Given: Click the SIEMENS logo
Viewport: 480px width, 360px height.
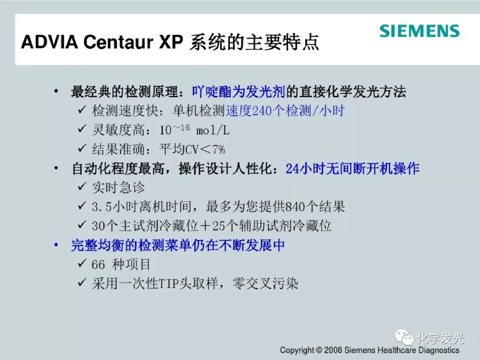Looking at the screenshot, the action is click(420, 31).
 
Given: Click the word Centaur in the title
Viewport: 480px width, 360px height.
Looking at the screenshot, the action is click(118, 42).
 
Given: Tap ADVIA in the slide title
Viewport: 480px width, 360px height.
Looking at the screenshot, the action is click(49, 42).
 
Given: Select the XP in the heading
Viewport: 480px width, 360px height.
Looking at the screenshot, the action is click(171, 42).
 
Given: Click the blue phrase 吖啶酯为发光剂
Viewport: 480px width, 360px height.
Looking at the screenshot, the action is click(239, 92).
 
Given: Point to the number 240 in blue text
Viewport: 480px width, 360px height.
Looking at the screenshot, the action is click(262, 111).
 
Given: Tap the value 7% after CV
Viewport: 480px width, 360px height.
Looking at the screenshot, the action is click(219, 149).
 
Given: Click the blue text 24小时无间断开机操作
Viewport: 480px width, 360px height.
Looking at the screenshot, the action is click(352, 169).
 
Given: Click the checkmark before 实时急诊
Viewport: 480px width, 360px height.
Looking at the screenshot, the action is click(82, 186).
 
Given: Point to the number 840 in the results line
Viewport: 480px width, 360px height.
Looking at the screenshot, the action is click(295, 207).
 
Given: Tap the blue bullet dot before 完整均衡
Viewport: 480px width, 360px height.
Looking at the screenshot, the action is click(56, 245).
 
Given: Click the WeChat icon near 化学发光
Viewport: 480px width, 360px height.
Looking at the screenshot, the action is click(404, 338).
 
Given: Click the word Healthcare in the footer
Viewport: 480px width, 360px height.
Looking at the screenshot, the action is click(396, 350).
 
